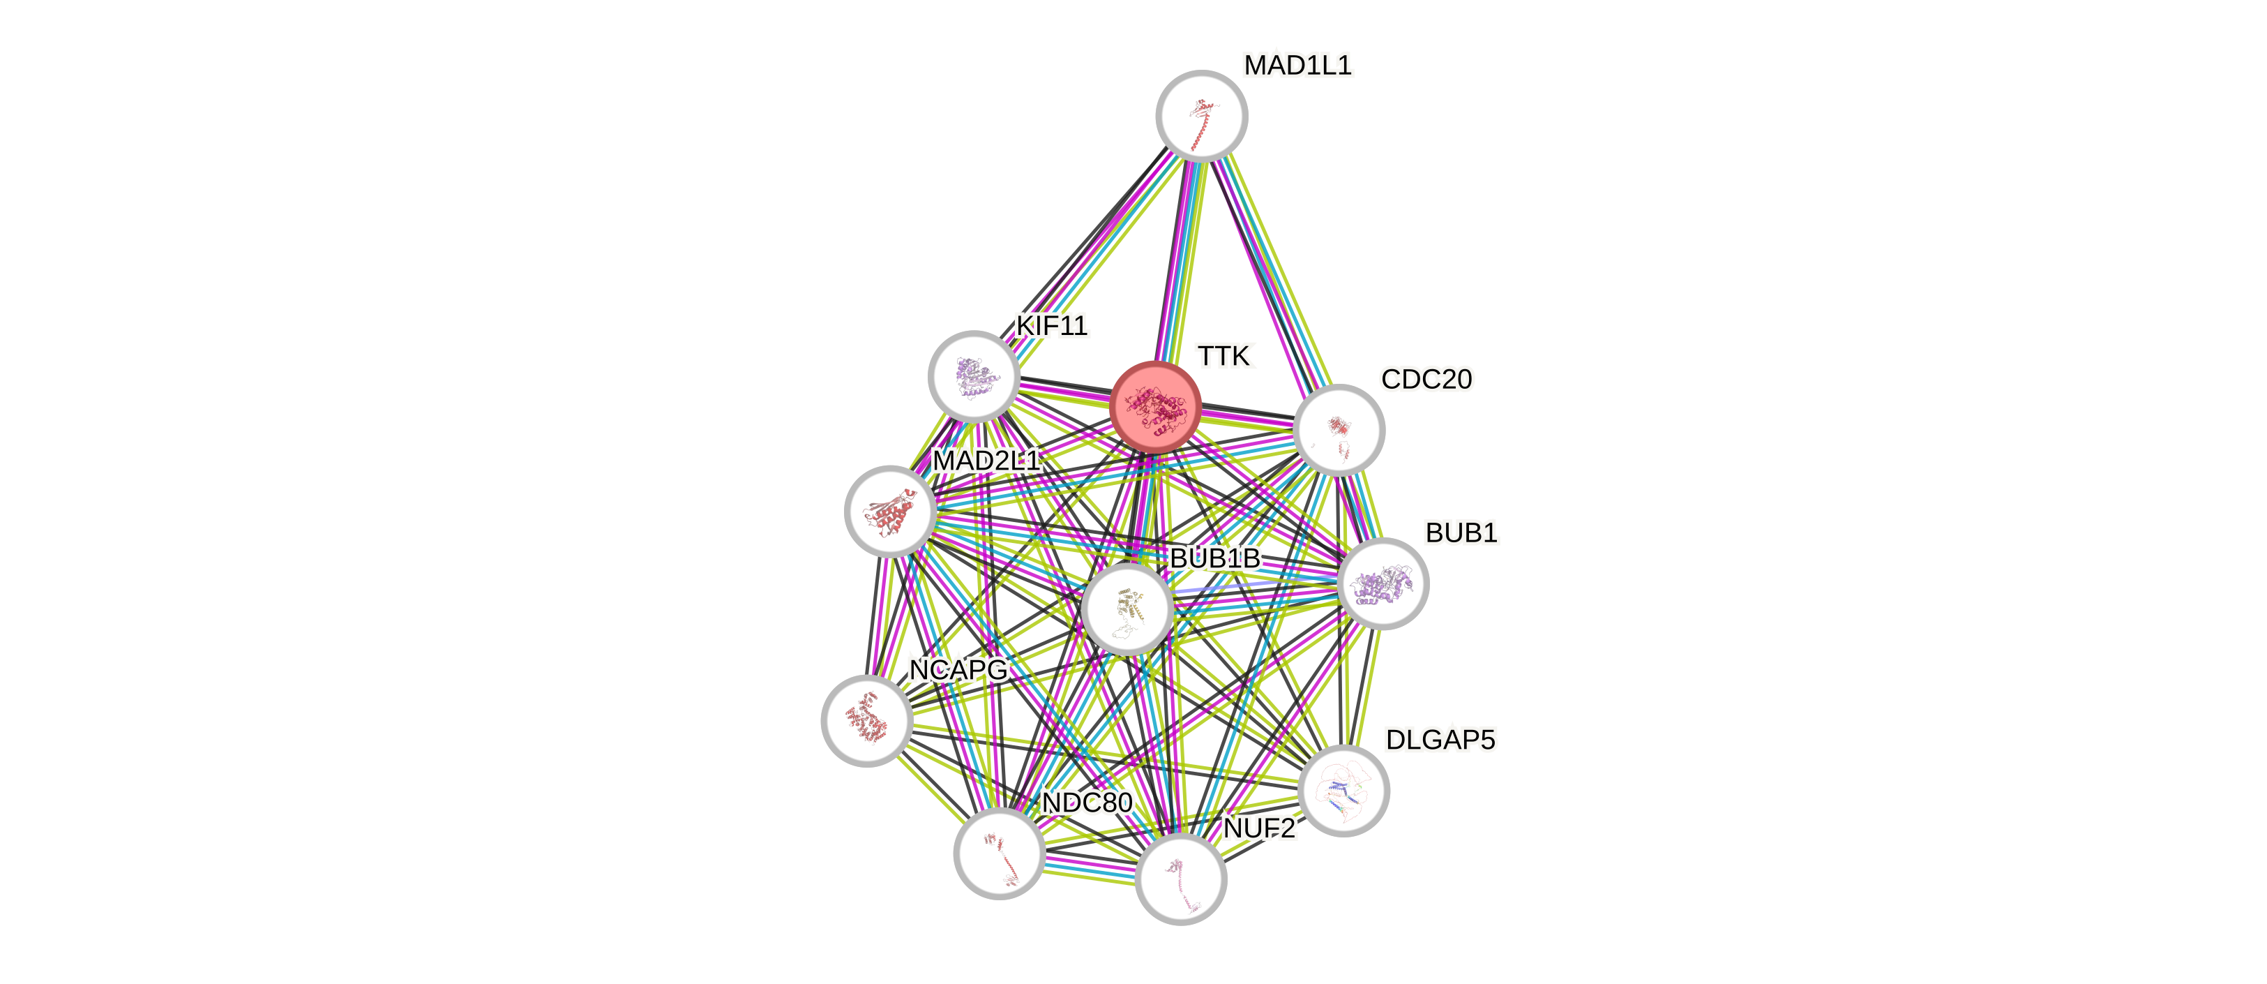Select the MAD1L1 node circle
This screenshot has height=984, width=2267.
click(1201, 115)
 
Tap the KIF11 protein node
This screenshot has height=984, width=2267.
click(973, 376)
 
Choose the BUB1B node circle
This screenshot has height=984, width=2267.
click(1127, 609)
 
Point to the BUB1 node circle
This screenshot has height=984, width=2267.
click(1383, 583)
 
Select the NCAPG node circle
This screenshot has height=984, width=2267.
click(867, 720)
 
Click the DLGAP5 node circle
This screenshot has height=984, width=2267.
click(1344, 789)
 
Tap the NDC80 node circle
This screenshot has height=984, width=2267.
click(1000, 853)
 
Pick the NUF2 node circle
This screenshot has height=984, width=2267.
click(1180, 879)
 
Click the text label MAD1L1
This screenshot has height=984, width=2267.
click(1297, 65)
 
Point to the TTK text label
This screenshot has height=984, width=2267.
click(1224, 357)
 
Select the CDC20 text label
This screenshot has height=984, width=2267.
click(1426, 380)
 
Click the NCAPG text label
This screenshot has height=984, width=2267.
click(958, 671)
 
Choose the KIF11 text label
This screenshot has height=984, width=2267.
click(1052, 326)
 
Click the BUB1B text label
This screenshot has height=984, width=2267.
click(1214, 558)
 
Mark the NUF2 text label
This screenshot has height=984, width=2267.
click(1259, 828)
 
